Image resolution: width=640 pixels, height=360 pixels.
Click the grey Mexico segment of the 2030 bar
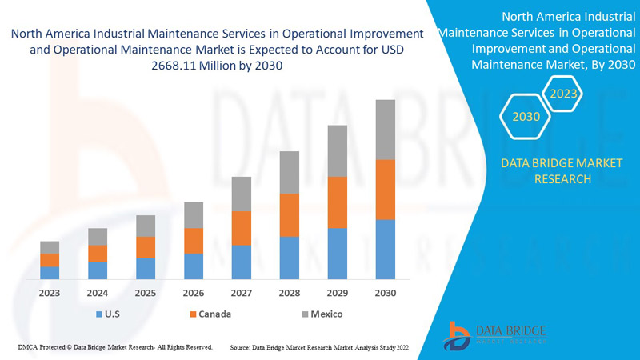click(386, 130)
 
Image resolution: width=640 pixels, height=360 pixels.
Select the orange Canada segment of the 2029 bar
click(338, 202)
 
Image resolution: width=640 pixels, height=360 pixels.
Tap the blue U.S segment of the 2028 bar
click(290, 258)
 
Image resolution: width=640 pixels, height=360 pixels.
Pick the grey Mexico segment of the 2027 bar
click(242, 194)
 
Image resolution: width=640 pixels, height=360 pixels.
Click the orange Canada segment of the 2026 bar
click(194, 241)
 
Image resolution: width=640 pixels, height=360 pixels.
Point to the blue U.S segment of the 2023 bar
click(50, 273)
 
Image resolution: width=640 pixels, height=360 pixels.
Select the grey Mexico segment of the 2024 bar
click(98, 237)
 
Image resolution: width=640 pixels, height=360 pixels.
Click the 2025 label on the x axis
click(146, 293)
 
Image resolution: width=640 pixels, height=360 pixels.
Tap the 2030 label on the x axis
click(386, 293)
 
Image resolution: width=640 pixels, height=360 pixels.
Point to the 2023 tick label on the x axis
click(50, 293)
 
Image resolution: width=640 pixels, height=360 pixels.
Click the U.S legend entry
click(107, 314)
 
